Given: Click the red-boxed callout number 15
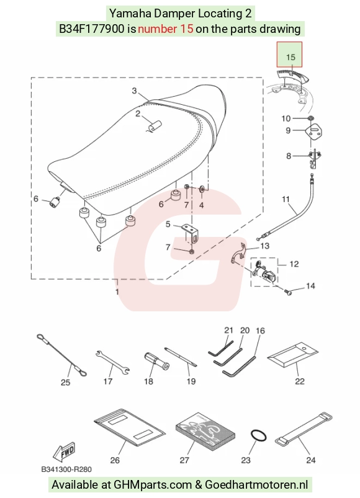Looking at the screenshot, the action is pos(290,57).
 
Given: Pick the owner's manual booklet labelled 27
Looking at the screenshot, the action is pos(205,431).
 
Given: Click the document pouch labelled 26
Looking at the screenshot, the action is pos(130,427).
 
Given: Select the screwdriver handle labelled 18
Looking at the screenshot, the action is pos(156,361).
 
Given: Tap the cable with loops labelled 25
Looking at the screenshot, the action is pos(61,355).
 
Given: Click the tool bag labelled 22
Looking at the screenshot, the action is pos(292,355).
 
